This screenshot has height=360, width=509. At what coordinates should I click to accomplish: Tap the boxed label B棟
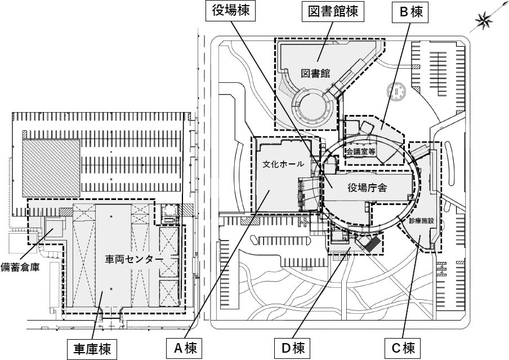click(x=410, y=11)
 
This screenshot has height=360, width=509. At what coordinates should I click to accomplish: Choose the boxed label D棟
click(x=292, y=348)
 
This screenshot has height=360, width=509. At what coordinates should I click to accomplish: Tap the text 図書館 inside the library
click(x=315, y=74)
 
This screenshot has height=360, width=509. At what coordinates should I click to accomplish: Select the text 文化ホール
click(x=283, y=165)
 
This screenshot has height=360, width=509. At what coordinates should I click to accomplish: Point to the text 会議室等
click(x=362, y=151)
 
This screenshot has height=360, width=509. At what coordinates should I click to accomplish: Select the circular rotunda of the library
click(x=313, y=107)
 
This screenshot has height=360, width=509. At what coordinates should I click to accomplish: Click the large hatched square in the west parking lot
click(x=51, y=167)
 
